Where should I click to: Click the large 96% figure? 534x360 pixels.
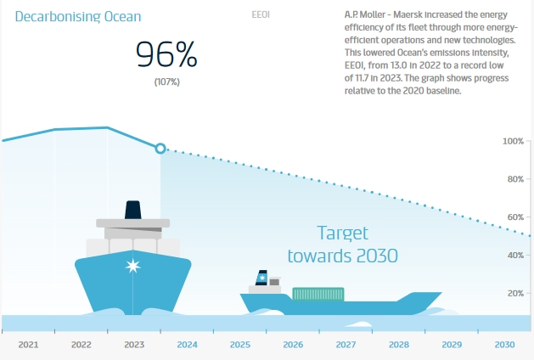pos(166,56)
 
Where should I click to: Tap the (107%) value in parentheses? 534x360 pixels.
pos(166,82)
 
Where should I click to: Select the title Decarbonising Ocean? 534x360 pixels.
pos(78,16)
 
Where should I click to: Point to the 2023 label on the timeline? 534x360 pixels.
pos(134,346)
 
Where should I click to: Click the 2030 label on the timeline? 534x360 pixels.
pos(504,346)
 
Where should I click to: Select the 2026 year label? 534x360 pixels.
pos(293,346)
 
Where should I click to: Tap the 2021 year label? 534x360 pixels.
pos(28,346)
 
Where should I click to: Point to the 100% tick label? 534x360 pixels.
pos(513,141)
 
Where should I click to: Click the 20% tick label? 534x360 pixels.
pos(515,294)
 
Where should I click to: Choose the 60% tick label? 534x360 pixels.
pos(515,217)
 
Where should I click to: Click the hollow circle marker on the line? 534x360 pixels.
pos(160,148)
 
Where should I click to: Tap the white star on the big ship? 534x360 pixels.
pos(132,267)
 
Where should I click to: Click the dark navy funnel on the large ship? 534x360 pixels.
pos(133,211)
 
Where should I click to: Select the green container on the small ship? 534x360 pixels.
pos(318,294)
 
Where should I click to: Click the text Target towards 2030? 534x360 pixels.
pos(342,244)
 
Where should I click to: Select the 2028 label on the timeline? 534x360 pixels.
pos(398,346)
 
